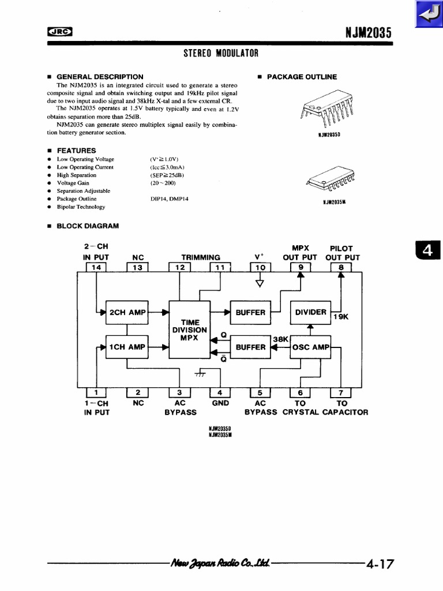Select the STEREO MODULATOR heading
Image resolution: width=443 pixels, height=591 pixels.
[221, 54]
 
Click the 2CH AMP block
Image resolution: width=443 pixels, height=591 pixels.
[127, 312]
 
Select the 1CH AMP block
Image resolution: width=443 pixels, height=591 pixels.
[127, 347]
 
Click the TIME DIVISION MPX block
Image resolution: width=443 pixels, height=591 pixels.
[189, 330]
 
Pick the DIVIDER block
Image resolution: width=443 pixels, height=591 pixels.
[310, 312]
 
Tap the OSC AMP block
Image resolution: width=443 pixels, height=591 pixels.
[310, 347]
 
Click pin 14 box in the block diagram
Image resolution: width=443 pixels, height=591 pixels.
[96, 267]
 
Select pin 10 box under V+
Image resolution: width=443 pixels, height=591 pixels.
[260, 267]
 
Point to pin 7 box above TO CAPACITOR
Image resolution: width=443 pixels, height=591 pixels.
[341, 393]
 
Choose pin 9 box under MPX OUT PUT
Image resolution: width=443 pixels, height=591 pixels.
[300, 267]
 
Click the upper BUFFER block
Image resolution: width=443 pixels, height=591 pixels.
[250, 312]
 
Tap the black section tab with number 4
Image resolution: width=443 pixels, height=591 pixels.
[427, 250]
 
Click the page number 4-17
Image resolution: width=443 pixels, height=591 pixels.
[380, 564]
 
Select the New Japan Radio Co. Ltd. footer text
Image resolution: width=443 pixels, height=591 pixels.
[220, 563]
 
